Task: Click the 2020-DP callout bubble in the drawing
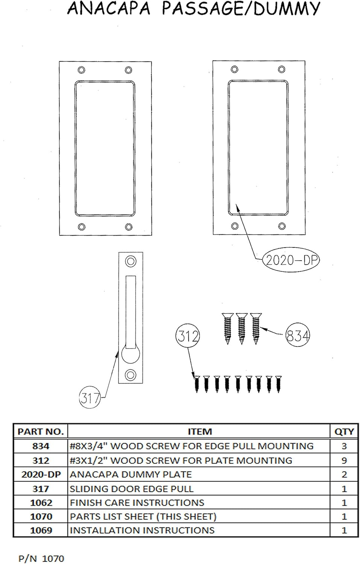pyautogui.click(x=290, y=260)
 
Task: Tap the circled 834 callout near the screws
pyautogui.click(x=298, y=335)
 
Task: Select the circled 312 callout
pyautogui.click(x=188, y=335)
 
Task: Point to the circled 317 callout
pyautogui.click(x=90, y=397)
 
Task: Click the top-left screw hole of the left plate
pyautogui.click(x=81, y=70)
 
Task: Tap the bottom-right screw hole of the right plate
pyautogui.click(x=282, y=226)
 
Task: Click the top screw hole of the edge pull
pyautogui.click(x=130, y=261)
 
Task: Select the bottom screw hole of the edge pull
pyautogui.click(x=130, y=374)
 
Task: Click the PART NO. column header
pyautogui.click(x=41, y=432)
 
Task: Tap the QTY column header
pyautogui.click(x=344, y=432)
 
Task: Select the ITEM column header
pyautogui.click(x=200, y=432)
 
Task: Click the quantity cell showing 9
pyautogui.click(x=344, y=460)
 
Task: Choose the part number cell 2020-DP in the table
pyautogui.click(x=41, y=475)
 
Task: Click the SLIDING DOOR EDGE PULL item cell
pyautogui.click(x=132, y=489)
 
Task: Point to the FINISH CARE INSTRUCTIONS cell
pyautogui.click(x=137, y=503)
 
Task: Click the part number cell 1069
pyautogui.click(x=41, y=530)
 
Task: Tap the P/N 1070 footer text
pyautogui.click(x=41, y=558)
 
